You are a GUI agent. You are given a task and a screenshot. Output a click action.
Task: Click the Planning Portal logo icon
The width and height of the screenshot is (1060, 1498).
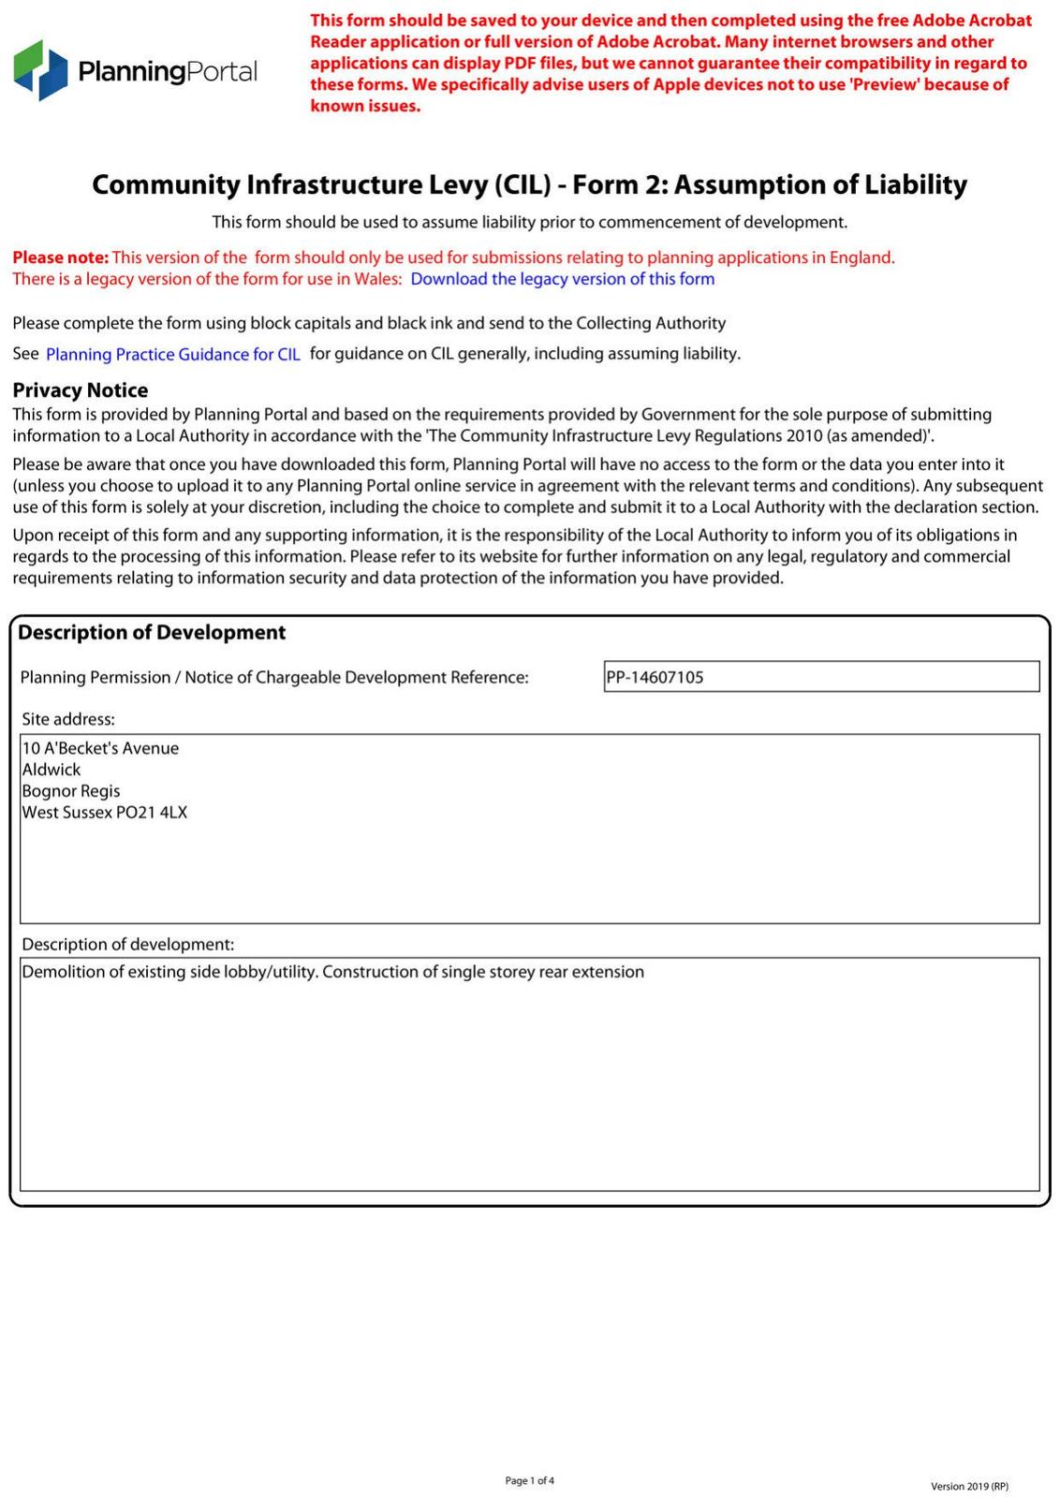40,70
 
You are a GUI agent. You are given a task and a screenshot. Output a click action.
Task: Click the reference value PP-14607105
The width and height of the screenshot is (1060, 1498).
655,677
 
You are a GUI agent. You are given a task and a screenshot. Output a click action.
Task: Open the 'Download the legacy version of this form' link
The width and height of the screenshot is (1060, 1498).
562,279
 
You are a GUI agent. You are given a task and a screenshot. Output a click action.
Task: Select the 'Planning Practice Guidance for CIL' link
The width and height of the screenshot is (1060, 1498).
173,355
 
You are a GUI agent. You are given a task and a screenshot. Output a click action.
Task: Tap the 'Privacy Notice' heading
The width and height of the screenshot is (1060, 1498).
81,390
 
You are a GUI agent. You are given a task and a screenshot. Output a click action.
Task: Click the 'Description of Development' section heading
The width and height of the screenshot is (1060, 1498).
152,633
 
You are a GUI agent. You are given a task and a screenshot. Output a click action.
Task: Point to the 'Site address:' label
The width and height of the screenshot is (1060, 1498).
68,719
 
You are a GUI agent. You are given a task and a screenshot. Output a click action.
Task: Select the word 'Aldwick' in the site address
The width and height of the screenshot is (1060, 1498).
52,770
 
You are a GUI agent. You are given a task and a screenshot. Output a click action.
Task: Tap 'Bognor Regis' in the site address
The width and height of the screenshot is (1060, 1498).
71,791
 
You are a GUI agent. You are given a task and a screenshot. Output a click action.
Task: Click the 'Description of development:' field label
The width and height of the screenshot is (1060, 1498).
128,944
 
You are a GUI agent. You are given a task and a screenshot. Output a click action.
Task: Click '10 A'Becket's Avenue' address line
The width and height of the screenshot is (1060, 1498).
100,748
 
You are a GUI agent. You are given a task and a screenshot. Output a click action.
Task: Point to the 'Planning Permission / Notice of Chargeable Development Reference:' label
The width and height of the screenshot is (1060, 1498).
274,677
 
